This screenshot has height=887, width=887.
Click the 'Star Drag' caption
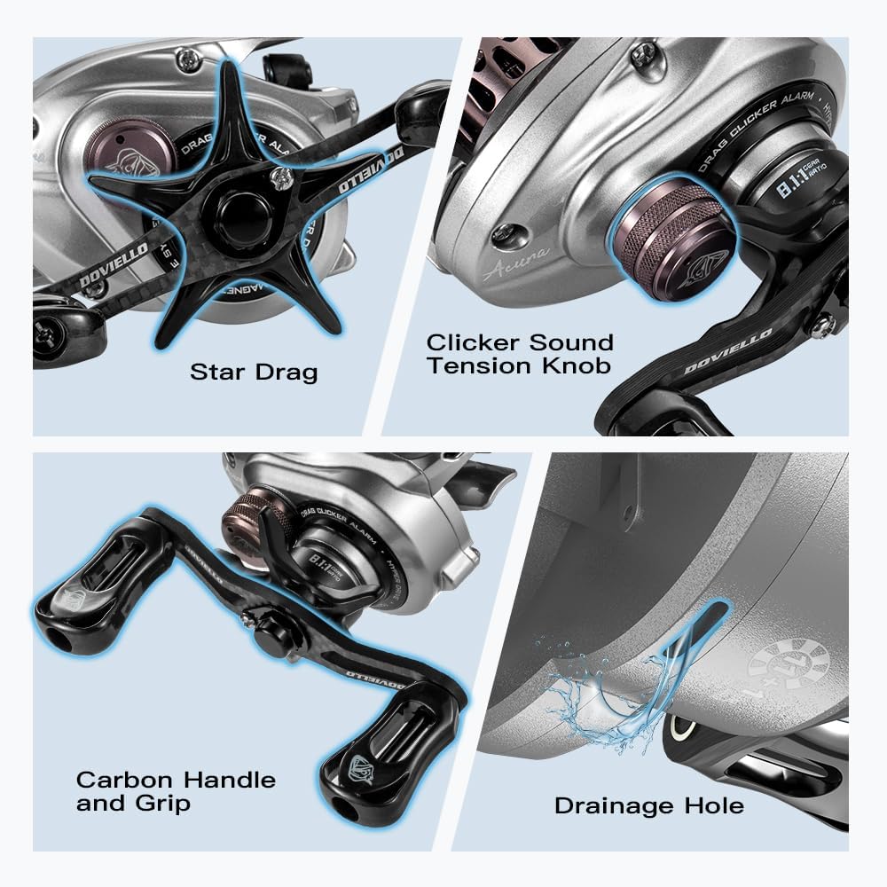click(254, 371)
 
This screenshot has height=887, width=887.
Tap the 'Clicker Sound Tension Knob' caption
click(520, 353)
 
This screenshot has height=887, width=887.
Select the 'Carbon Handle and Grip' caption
click(176, 791)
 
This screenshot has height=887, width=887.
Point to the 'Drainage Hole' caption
click(648, 805)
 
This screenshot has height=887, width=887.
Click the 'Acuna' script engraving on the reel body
click(517, 263)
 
